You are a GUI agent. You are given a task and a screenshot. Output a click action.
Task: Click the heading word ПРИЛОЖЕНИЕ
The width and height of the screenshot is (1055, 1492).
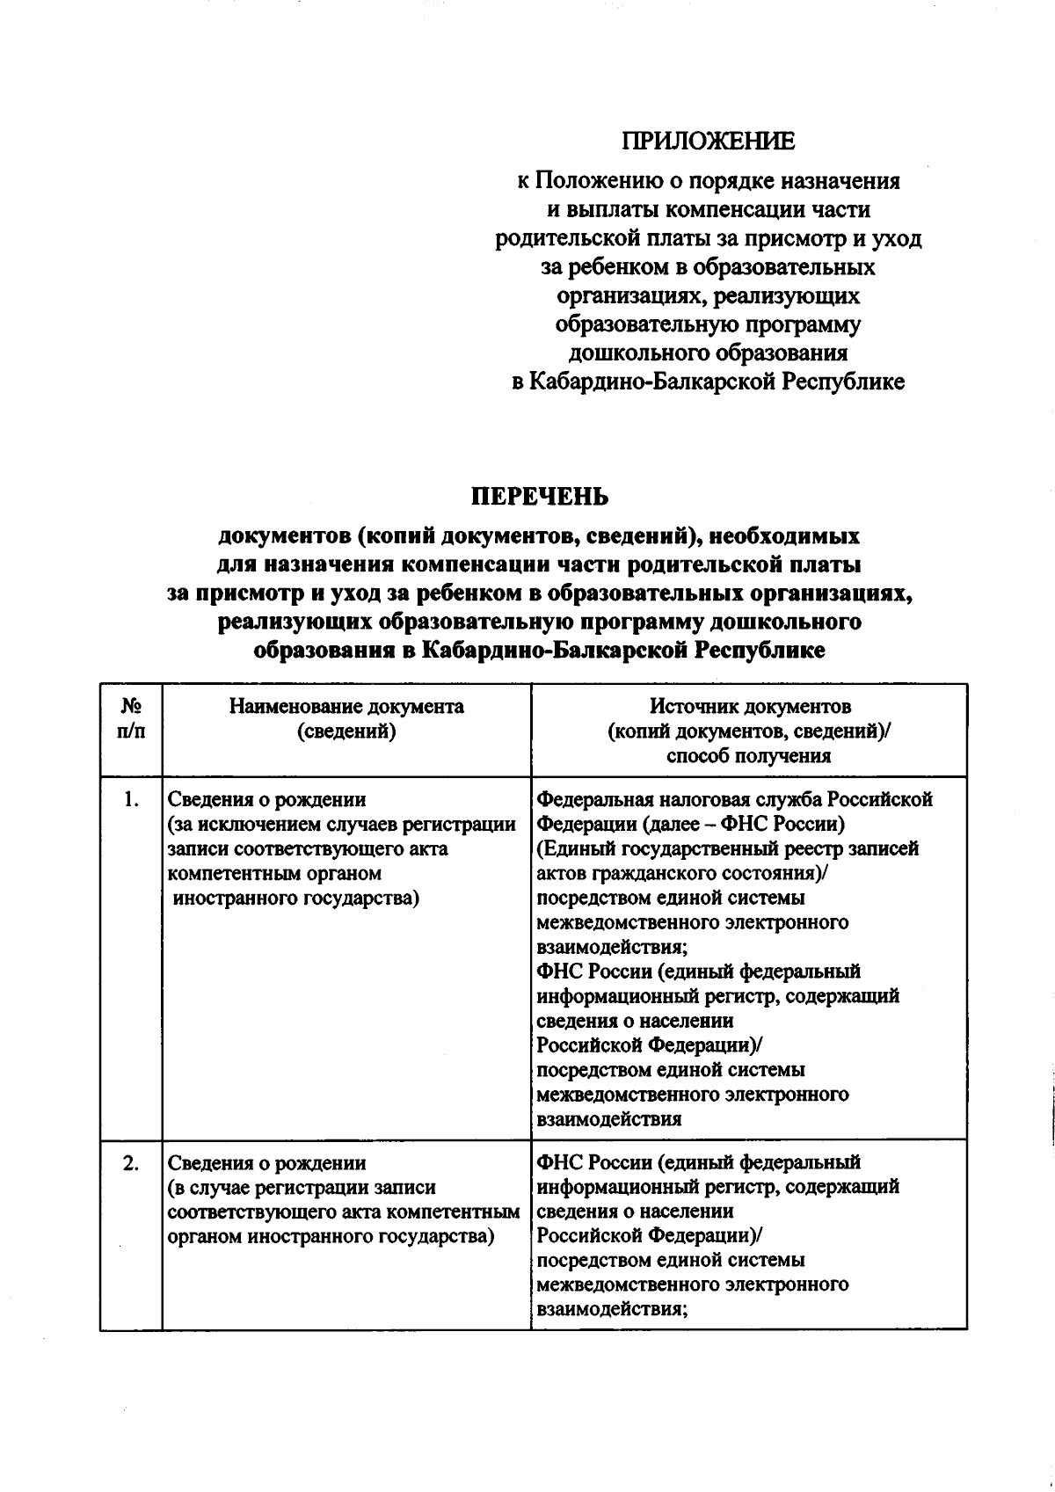click(708, 141)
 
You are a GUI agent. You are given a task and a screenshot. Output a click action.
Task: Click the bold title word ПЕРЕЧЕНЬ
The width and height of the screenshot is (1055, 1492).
click(540, 497)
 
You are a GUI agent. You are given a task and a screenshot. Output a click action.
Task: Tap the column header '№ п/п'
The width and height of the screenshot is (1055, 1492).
click(131, 718)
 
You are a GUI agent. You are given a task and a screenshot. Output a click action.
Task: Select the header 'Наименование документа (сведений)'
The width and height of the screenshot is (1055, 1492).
click(346, 718)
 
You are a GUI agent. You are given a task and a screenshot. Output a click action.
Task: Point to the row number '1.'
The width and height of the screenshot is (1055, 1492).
click(131, 799)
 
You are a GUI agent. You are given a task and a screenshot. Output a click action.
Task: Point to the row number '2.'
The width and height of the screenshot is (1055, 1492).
click(131, 1162)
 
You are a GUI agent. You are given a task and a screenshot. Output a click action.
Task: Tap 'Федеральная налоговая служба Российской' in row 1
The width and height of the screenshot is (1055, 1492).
click(734, 799)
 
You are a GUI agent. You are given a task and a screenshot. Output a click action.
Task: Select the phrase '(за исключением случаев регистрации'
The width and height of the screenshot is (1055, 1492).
click(341, 824)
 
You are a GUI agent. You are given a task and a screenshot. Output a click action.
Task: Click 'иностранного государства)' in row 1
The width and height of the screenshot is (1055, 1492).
click(295, 898)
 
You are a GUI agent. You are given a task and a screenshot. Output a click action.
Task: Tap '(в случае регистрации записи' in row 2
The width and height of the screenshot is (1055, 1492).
click(302, 1187)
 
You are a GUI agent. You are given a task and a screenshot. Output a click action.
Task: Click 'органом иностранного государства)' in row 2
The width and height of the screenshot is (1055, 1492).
click(330, 1236)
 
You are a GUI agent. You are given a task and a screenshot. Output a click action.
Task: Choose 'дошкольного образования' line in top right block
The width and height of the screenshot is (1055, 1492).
click(708, 353)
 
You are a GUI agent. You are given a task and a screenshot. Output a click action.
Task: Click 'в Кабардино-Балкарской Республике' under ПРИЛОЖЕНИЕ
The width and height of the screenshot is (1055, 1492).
click(708, 382)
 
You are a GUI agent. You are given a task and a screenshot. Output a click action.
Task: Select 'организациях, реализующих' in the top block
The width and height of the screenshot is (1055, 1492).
click(708, 295)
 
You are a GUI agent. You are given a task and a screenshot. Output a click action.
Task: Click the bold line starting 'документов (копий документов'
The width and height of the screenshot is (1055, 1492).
click(539, 535)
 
